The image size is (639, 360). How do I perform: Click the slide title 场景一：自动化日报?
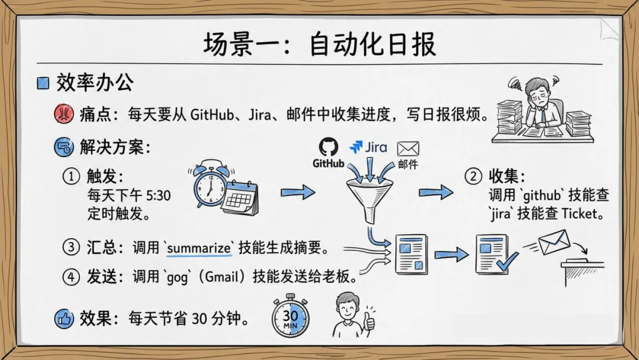(319, 45)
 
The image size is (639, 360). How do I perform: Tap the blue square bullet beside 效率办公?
(43, 83)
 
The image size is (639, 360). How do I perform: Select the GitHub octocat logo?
(328, 147)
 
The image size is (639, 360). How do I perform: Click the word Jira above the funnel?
(376, 147)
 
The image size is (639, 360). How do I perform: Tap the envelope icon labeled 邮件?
(408, 148)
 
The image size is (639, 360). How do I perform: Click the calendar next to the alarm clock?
(240, 198)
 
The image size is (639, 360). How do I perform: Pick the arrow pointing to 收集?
(436, 192)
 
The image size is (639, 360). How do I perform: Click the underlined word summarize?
(199, 248)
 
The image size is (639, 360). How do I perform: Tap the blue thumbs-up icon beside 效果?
(63, 319)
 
